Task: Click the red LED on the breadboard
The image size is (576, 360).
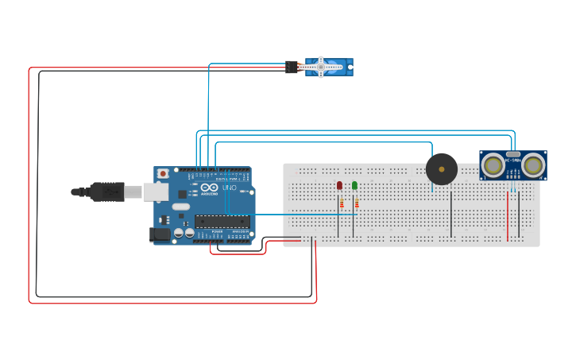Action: (339, 185)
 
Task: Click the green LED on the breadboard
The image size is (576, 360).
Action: (354, 185)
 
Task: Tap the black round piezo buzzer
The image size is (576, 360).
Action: (442, 169)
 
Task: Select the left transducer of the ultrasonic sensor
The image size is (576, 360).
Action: (493, 165)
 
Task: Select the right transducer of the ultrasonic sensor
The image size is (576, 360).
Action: (533, 165)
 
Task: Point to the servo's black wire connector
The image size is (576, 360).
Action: (292, 68)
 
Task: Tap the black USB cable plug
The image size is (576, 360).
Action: (106, 192)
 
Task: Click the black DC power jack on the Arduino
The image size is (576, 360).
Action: (160, 234)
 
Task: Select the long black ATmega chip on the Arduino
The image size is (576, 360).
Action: (222, 222)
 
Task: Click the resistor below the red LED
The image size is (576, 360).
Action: (342, 203)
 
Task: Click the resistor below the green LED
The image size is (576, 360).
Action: (356, 203)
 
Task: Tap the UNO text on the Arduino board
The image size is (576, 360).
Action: (229, 188)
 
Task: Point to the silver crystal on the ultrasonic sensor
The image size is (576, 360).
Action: (513, 154)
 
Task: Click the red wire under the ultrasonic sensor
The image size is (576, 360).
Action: (508, 215)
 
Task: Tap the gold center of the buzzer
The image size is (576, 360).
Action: (442, 169)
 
